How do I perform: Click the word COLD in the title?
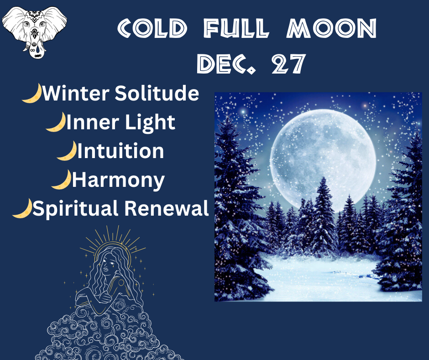[x=152, y=28]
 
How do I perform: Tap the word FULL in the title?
[x=236, y=28]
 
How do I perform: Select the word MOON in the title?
[x=331, y=28]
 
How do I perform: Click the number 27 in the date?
[x=288, y=64]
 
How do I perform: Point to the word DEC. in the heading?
[x=226, y=64]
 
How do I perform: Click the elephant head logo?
[x=35, y=32]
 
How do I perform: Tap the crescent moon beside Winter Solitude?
[x=32, y=93]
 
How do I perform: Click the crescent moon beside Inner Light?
[x=56, y=122]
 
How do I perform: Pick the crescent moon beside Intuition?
[x=67, y=151]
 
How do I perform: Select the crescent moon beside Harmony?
[x=62, y=180]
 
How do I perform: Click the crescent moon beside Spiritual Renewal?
[x=22, y=208]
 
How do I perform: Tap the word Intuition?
[x=120, y=151]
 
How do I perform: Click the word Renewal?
[x=167, y=208]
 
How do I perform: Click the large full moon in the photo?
[x=323, y=160]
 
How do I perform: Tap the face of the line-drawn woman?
[x=109, y=264]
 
